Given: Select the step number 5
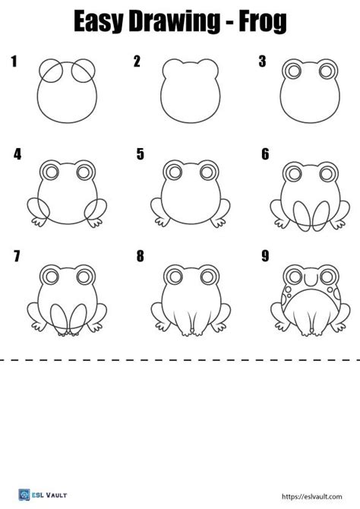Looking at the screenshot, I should [141, 154].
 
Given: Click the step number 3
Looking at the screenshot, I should [262, 62].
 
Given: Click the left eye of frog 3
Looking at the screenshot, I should [292, 71].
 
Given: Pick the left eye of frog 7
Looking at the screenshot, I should [51, 275].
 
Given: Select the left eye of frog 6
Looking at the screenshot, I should [292, 173].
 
